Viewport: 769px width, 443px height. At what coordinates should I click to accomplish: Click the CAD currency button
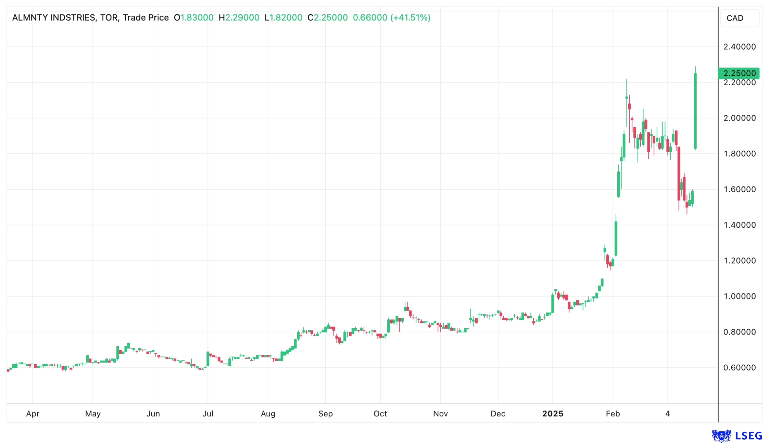[739, 18]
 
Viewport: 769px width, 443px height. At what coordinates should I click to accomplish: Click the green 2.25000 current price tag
[739, 73]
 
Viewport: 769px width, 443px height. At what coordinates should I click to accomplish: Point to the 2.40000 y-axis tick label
[739, 47]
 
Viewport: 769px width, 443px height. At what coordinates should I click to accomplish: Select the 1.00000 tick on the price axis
[739, 296]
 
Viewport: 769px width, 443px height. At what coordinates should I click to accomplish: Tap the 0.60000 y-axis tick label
[739, 367]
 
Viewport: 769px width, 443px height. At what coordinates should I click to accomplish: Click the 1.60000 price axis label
[739, 189]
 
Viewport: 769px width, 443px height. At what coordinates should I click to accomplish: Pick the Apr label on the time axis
[33, 414]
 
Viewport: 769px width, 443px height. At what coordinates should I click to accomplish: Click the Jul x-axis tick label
[208, 414]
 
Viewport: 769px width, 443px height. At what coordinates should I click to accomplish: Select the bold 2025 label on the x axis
[553, 414]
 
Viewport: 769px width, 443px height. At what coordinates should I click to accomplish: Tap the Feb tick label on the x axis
[613, 414]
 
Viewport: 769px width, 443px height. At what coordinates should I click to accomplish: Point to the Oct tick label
[380, 414]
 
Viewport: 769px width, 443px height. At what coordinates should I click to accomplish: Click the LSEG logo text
[748, 436]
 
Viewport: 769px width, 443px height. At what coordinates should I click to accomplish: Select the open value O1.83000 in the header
[193, 17]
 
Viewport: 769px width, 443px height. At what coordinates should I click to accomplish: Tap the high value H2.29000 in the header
[239, 17]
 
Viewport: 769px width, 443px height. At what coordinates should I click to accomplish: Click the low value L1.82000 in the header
[283, 17]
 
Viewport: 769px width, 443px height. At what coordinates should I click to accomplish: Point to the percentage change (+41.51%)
[410, 17]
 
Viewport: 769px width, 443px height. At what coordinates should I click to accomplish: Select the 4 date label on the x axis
[667, 414]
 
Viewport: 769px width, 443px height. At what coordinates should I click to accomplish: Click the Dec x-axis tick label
[497, 414]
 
